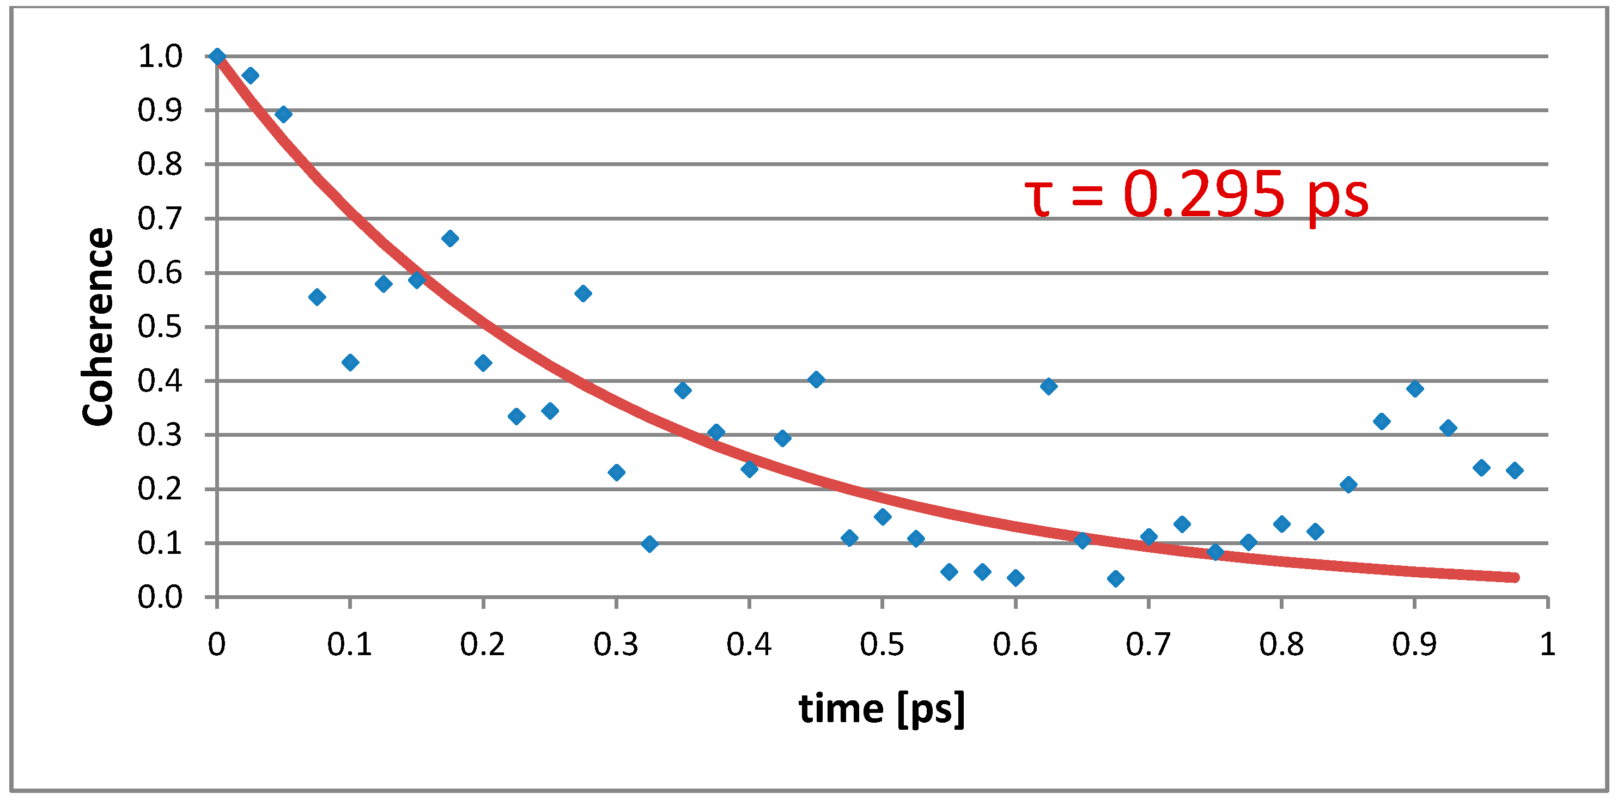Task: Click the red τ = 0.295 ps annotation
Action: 1195,196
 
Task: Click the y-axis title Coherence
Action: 98,327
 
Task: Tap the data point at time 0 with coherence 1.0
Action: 217,57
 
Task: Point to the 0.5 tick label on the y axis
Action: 160,327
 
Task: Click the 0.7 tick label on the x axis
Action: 1147,645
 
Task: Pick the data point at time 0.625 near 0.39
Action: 1048,387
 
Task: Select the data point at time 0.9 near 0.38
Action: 1414,389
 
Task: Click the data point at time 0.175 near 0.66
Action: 449,239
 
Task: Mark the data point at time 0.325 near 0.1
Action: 649,544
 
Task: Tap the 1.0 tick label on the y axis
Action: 160,57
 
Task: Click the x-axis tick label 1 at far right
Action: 1547,645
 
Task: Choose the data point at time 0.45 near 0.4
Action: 816,380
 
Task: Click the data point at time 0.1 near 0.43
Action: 350,363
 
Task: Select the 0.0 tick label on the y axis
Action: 160,597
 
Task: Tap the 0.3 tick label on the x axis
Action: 615,645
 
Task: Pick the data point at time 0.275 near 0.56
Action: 582,294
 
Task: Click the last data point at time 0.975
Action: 1514,471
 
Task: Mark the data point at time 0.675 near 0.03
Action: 1115,578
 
